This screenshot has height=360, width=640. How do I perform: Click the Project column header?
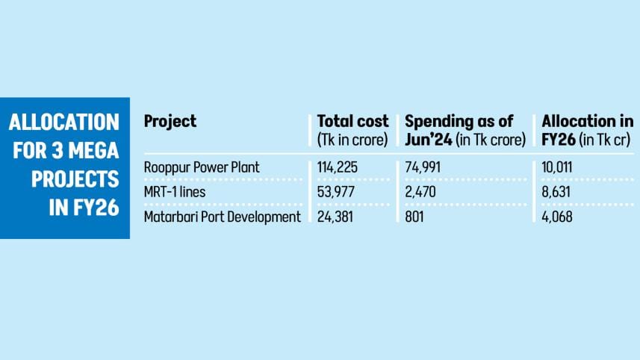point(170,122)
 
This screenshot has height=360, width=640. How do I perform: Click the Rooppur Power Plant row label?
point(202,167)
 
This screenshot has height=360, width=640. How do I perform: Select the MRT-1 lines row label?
point(174,192)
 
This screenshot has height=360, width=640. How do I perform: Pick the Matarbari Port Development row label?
point(222,217)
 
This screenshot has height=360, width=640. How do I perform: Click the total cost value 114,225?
point(338,167)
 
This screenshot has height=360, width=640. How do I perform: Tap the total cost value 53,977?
point(337,192)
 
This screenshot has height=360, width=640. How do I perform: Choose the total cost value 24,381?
point(336,217)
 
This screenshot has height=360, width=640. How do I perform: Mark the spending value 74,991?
point(423,167)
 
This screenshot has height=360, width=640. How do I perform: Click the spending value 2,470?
point(420,192)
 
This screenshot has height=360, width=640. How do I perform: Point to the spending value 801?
point(414,217)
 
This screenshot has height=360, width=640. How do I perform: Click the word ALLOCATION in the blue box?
point(66,122)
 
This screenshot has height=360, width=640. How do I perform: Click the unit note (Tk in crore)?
point(353,139)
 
